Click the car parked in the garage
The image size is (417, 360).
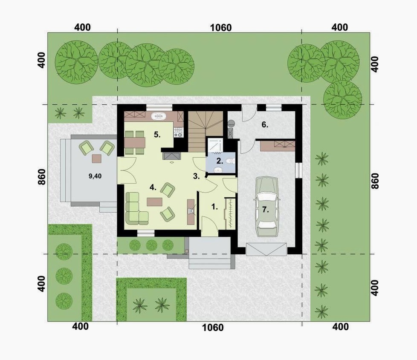(x=267, y=207)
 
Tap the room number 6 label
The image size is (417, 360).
(x=265, y=124)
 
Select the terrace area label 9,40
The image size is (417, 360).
(x=95, y=176)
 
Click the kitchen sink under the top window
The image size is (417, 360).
(x=159, y=116)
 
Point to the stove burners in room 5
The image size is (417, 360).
(x=178, y=132)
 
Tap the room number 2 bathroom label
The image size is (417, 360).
(x=220, y=161)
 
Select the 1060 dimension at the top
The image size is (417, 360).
(x=221, y=28)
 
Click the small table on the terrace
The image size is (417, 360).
(x=96, y=158)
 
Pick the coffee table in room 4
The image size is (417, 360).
(x=154, y=202)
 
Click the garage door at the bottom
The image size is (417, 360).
(x=266, y=249)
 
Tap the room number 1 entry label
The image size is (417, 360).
(x=214, y=207)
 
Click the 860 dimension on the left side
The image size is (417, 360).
(x=42, y=176)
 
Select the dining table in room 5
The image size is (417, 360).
(x=135, y=143)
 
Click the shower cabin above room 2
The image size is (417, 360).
(x=215, y=145)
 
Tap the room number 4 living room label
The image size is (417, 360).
(x=153, y=187)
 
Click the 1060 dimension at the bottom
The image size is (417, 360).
(x=213, y=328)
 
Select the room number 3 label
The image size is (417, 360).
(x=196, y=176)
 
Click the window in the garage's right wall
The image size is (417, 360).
(x=299, y=170)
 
